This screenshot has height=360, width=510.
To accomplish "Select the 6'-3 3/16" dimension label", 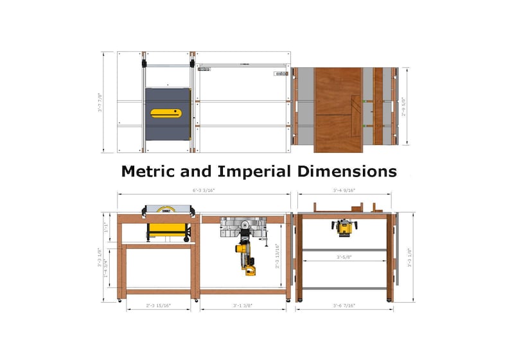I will (205, 191).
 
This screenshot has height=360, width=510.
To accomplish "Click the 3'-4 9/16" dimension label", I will (344, 191).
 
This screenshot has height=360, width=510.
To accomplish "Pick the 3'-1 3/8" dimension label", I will (243, 306).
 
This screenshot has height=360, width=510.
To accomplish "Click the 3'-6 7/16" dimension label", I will (344, 306).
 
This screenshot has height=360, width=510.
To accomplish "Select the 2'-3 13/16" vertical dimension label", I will (277, 255).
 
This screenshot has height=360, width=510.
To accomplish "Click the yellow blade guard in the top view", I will (166, 114).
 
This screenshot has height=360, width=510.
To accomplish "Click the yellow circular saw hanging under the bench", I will (247, 257).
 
